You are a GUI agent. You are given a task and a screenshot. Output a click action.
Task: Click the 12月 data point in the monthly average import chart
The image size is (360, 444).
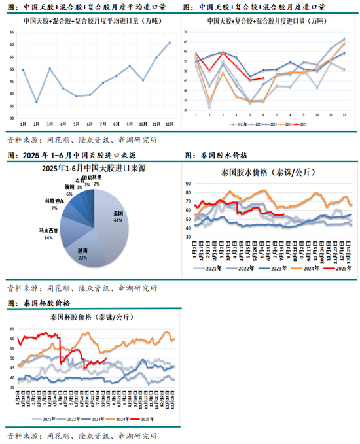coord(170,43)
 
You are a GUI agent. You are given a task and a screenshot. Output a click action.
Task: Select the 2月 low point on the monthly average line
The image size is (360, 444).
coord(37,102)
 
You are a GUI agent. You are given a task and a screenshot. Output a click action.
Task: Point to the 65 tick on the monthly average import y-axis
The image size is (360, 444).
coord(12,32)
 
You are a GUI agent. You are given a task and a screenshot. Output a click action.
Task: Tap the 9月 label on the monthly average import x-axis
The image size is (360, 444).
coord(130,124)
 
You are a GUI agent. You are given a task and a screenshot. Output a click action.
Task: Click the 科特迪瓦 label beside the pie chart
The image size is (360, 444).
coord(54,203)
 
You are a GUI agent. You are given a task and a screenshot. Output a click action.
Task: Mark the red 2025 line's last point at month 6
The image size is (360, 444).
coord(262,78)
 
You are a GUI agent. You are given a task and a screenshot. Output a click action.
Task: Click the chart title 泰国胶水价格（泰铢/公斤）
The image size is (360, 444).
coord(270,173)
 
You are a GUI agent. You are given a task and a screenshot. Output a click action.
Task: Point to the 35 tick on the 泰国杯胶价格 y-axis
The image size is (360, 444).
coord(11,388)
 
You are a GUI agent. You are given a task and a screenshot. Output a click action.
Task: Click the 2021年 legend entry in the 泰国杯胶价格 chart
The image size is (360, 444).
coord(46,419)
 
